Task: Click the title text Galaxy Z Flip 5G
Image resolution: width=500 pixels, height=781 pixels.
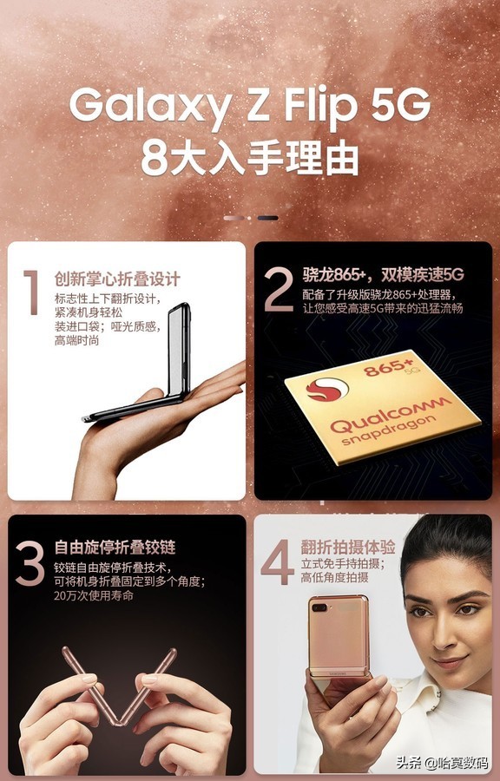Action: click(x=249, y=106)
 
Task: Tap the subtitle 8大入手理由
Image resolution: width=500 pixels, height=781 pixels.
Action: click(x=250, y=159)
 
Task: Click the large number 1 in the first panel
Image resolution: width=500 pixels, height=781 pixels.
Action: click(x=32, y=292)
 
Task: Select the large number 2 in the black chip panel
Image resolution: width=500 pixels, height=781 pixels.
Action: click(x=279, y=289)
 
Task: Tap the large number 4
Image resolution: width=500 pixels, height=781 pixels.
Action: click(x=278, y=561)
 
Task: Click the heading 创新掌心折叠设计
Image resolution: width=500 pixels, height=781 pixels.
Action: click(x=117, y=279)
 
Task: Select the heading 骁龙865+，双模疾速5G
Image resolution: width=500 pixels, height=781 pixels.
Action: click(x=383, y=274)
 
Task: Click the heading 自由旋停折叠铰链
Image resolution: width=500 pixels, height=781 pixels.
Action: click(x=115, y=548)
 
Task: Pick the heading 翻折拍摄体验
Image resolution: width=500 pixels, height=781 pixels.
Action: click(x=348, y=547)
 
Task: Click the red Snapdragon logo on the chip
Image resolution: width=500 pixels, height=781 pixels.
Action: click(x=326, y=390)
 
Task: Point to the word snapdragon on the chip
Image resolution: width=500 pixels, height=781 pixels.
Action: click(x=389, y=431)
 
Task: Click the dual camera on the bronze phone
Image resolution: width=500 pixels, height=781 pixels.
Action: click(x=319, y=607)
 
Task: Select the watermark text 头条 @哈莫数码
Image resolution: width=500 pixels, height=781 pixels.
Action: click(x=442, y=763)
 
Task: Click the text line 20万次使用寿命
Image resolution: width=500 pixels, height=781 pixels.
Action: click(x=94, y=595)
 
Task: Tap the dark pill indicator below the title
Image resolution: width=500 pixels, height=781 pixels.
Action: click(x=268, y=218)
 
